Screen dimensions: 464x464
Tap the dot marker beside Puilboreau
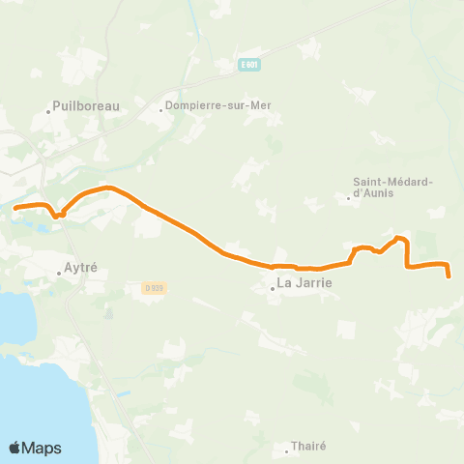(x=48, y=112)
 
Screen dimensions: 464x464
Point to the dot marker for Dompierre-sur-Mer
(x=161, y=109)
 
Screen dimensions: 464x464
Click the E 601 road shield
(x=250, y=65)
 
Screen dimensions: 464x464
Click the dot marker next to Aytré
(x=59, y=273)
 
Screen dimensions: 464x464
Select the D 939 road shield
(x=152, y=287)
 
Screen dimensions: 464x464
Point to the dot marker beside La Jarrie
(x=273, y=287)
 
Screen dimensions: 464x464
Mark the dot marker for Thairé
(x=288, y=451)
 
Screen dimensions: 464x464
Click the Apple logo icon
(x=16, y=448)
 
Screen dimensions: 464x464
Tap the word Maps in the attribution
(x=43, y=449)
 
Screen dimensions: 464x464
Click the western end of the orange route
(x=15, y=206)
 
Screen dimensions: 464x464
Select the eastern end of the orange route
(x=450, y=277)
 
